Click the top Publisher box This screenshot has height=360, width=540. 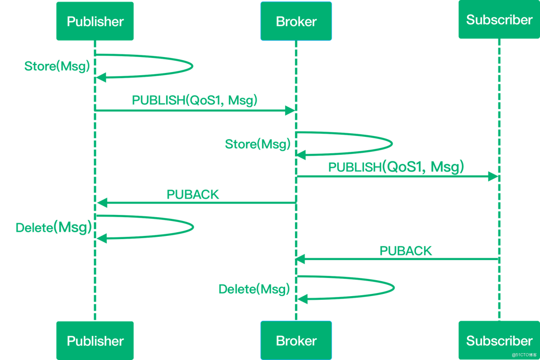pos(95,21)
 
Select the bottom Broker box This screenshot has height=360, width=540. pos(296,340)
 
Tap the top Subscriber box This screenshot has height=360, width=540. pos(499,20)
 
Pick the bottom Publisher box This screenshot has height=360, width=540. pos(95,340)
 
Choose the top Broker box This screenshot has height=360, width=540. pos(296,21)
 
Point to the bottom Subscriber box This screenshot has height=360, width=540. pos(499,340)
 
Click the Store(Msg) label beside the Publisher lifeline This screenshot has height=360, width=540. pos(57,66)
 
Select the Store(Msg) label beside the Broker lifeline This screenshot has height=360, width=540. pos(258,144)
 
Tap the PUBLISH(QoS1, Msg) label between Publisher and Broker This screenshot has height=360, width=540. pos(195,100)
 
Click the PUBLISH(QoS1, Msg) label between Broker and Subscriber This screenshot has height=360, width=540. pos(396,167)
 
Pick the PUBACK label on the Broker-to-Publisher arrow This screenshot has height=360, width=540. pos(193,194)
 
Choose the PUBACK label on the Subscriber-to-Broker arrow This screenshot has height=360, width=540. pos(406,250)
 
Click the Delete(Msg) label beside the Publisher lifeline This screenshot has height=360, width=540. pos(53,227)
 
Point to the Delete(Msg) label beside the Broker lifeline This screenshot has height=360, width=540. pos(254,289)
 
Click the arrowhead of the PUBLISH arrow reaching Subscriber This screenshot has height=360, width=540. pos(493,177)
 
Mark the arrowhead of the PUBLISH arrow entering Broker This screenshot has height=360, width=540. pos(291,110)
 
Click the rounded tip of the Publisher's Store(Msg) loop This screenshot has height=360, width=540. pos(192,67)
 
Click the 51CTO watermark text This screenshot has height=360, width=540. pos(524,355)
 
